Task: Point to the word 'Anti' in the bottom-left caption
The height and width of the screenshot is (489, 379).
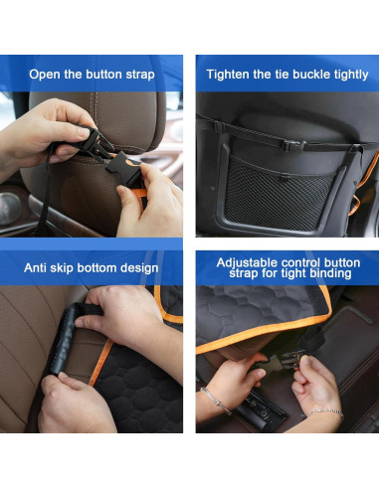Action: [x=39, y=268]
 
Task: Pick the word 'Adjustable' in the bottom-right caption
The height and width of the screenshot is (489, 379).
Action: [x=247, y=261]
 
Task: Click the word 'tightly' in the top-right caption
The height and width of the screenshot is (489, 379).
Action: [x=353, y=74]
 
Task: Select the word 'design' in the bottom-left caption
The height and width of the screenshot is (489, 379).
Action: [x=140, y=268]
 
